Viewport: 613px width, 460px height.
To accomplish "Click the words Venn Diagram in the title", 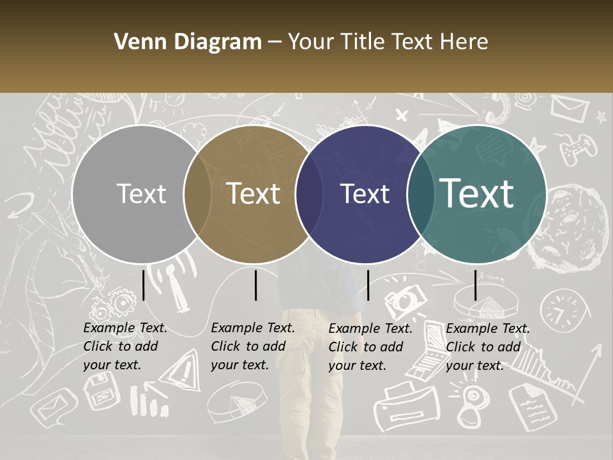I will click(x=188, y=42).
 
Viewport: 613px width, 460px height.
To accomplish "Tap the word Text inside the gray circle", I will click(x=141, y=194).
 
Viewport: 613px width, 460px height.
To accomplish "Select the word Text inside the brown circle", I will click(x=254, y=194).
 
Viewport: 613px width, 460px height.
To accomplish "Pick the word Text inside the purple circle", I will click(x=365, y=194).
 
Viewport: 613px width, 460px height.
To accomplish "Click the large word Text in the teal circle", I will click(x=477, y=193).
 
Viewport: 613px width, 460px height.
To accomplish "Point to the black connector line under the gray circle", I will click(x=144, y=285).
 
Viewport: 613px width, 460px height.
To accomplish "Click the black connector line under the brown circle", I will click(x=255, y=285).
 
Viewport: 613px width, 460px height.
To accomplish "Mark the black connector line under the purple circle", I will click(x=368, y=285).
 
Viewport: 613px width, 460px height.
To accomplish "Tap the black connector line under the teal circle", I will click(x=476, y=285).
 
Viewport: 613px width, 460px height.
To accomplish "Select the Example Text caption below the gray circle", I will click(x=125, y=346).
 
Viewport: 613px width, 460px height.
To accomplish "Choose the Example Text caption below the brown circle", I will click(x=252, y=346).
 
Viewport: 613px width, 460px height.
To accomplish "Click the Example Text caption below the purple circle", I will click(x=370, y=347).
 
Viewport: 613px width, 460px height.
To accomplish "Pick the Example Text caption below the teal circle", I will click(x=487, y=347).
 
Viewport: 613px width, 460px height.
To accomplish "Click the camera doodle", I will click(x=405, y=298).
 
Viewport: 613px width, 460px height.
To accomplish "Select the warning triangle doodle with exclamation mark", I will click(x=185, y=369).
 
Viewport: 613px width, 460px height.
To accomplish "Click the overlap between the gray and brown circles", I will click(x=197, y=194).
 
